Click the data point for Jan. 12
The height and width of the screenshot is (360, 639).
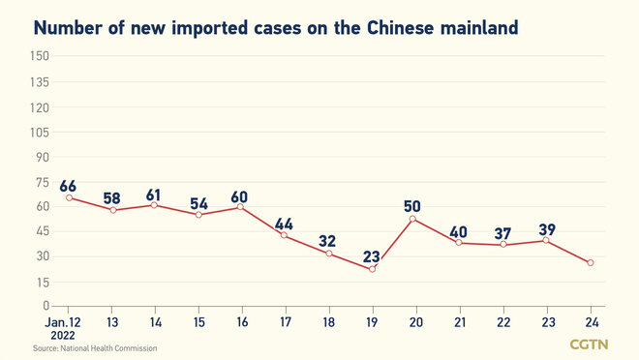click(69, 197)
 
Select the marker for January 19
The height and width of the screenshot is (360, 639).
click(372, 269)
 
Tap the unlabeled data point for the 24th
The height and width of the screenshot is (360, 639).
click(591, 263)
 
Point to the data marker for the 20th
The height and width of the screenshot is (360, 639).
click(415, 219)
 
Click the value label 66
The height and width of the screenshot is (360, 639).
click(69, 185)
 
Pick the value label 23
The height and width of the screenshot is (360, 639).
click(371, 256)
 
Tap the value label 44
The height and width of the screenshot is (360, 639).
click(284, 225)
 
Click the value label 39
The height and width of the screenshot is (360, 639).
click(547, 228)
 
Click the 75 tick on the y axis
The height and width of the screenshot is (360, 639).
click(42, 181)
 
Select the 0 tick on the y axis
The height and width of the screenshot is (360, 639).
click(46, 307)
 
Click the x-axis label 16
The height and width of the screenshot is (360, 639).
click(241, 320)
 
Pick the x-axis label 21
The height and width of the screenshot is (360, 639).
click(459, 320)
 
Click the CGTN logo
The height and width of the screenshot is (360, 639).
click(589, 344)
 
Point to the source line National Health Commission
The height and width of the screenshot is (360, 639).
click(95, 347)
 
